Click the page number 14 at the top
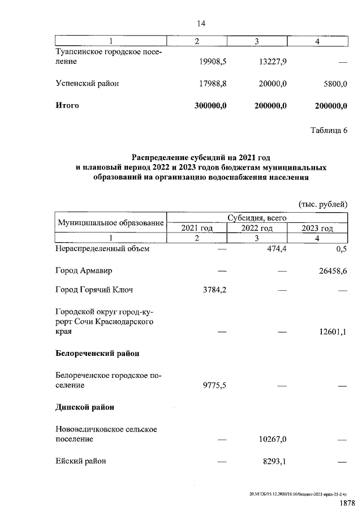click(x=201, y=23)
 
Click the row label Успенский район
click(x=87, y=83)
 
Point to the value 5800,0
click(x=334, y=83)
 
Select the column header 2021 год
click(x=196, y=228)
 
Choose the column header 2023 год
click(x=317, y=228)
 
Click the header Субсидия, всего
click(x=257, y=217)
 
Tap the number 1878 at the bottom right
click(x=347, y=502)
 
